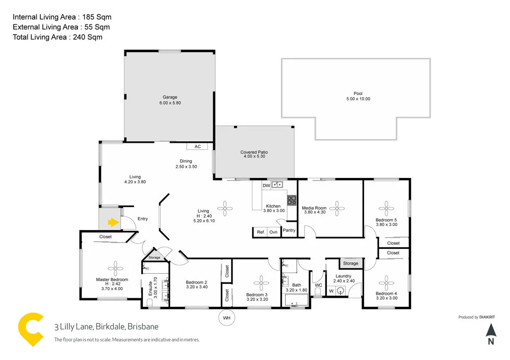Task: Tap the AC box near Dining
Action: pos(197,146)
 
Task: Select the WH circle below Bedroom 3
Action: pos(226,319)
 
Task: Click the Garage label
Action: pos(170,97)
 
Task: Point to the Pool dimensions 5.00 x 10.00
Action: pos(358,99)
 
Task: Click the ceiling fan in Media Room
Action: pos(336,207)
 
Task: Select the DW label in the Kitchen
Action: pos(266,186)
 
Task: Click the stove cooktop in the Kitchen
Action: pos(292,200)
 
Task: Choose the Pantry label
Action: pos(289,230)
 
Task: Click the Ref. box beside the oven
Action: pos(261,232)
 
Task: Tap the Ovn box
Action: pos(273,232)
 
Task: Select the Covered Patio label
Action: pos(254,152)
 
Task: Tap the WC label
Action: pos(318,285)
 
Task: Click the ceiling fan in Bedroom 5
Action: pos(386,207)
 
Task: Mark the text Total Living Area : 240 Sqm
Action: pos(58,37)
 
